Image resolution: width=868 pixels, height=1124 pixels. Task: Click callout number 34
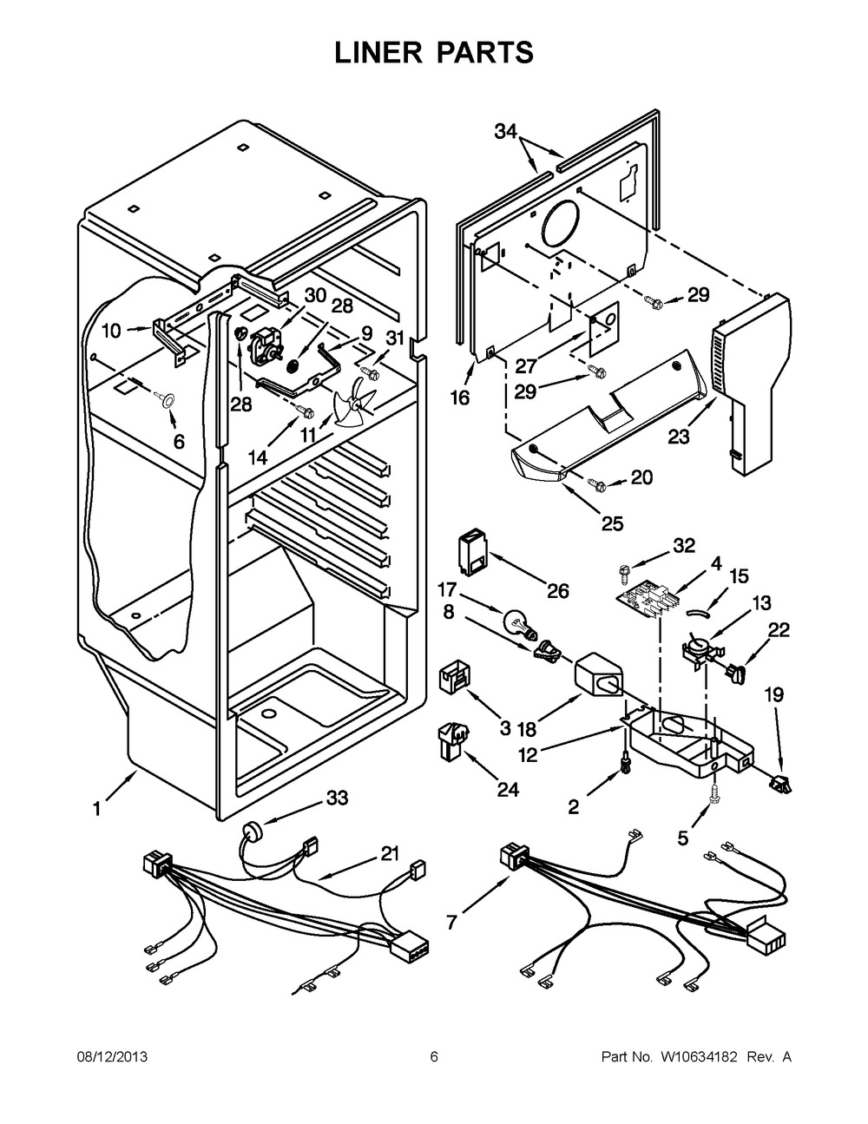click(506, 133)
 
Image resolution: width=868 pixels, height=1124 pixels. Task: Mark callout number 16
click(459, 398)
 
